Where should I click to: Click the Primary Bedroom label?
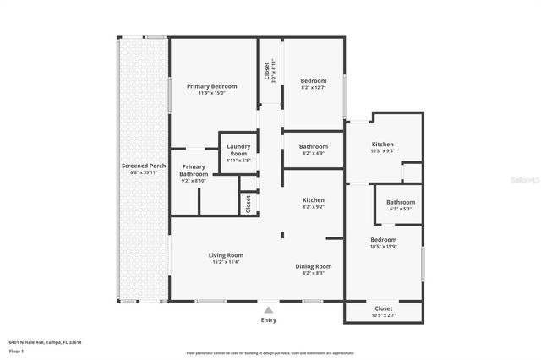click(x=211, y=86)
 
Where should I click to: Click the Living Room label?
click(x=227, y=255)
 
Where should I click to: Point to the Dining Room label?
click(x=313, y=266)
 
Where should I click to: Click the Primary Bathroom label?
click(x=194, y=170)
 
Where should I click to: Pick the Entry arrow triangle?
click(x=269, y=309)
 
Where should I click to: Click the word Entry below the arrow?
click(x=269, y=320)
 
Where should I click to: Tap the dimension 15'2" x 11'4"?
click(x=227, y=262)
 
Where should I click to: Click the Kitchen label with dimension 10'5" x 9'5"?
click(x=383, y=145)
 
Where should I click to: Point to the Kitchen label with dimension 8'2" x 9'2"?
click(x=314, y=199)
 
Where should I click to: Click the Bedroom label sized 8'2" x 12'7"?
click(x=314, y=80)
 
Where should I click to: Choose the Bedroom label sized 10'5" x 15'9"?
click(x=383, y=239)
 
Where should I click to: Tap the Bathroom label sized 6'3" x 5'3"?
click(x=401, y=202)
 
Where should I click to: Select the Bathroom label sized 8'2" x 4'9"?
click(x=314, y=146)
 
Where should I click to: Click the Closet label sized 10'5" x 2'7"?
click(x=383, y=308)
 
